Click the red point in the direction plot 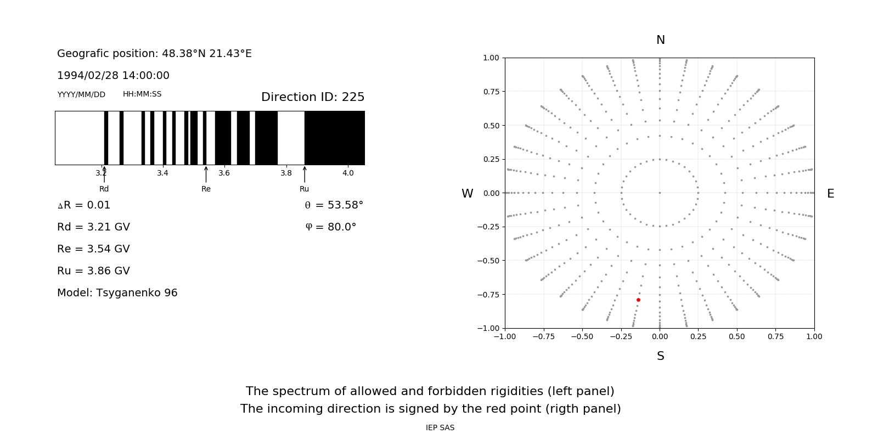pos(638,300)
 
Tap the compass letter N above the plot pos(661,40)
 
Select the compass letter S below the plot pos(661,356)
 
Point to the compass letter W pos(467,194)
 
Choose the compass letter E pos(830,194)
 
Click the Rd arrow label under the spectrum pos(104,189)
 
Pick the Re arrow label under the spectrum pos(206,189)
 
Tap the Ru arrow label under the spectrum pos(304,189)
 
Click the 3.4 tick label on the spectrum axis pos(162,173)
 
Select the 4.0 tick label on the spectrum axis pos(348,173)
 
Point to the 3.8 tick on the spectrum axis pos(286,173)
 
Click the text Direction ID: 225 pos(313,97)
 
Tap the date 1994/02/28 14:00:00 pos(113,76)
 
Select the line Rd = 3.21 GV pos(93,227)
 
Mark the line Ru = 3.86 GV pos(93,271)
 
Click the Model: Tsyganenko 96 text pos(117,293)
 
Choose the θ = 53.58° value pos(334,205)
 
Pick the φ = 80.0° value pos(331,227)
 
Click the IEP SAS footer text pos(440,427)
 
